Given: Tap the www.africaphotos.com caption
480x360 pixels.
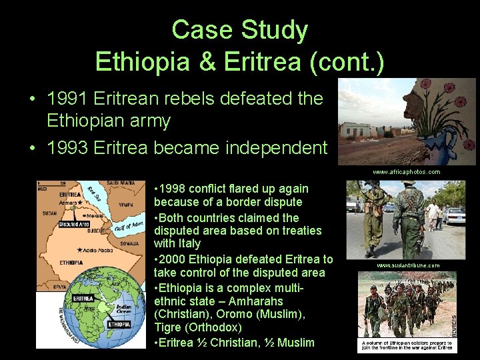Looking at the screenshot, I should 406,172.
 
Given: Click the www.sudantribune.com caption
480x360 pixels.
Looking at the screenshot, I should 408,265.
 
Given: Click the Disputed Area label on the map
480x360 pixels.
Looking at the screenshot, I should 73,225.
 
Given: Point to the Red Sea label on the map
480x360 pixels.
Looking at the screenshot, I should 95,194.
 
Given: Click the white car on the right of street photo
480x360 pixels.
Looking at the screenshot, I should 455,215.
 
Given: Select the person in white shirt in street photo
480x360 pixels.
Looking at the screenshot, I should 434,213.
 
